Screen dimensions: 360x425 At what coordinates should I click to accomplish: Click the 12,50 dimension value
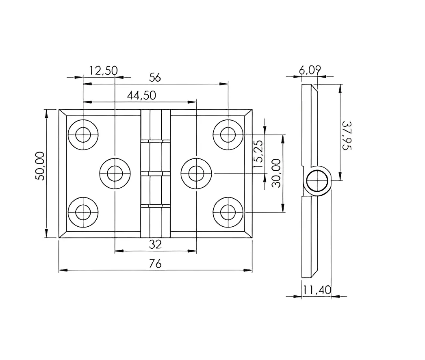103,71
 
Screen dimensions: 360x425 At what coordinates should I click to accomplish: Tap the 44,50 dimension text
141,95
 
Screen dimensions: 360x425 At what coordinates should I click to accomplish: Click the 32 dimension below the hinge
155,244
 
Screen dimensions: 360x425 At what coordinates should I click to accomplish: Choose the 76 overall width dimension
155,264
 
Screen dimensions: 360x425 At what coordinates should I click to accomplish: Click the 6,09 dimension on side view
310,70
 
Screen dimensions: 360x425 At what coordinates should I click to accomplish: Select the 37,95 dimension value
346,136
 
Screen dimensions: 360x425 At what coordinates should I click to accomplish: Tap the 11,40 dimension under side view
317,290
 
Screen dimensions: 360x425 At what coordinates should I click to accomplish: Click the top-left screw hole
83,134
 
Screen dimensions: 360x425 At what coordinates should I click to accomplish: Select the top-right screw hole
228,134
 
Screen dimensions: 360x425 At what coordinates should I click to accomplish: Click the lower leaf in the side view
310,236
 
